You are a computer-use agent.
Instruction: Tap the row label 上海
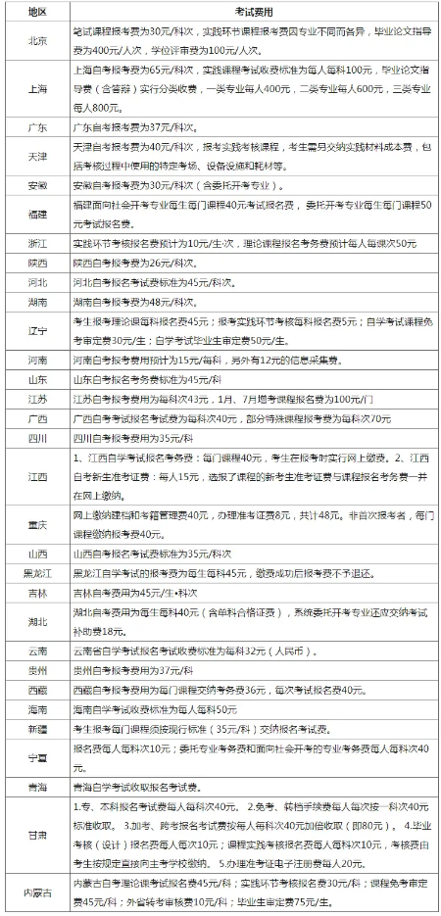37,87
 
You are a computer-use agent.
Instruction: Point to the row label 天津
37,158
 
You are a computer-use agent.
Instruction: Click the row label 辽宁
37,330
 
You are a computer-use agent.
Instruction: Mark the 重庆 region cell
37,526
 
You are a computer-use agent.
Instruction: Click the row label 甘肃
37,835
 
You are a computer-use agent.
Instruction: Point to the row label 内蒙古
37,892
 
